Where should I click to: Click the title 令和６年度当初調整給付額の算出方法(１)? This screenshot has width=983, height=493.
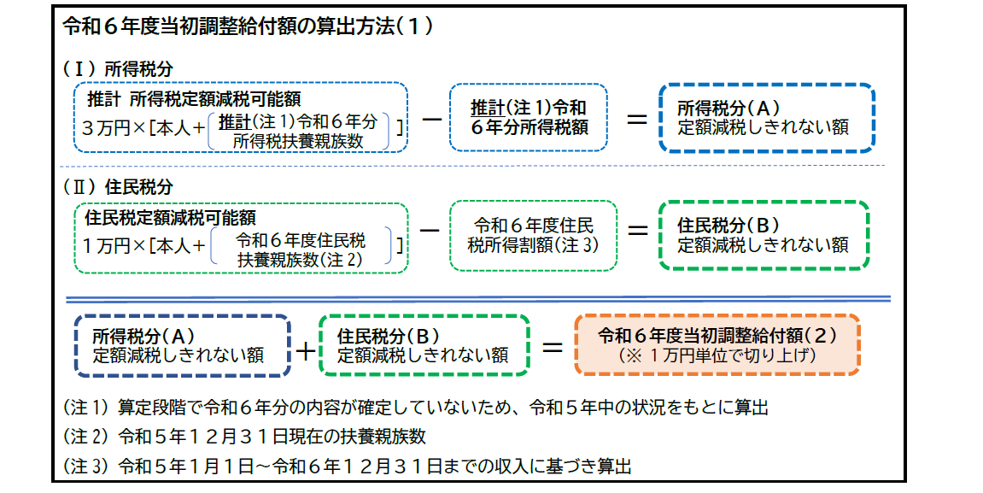point(248,26)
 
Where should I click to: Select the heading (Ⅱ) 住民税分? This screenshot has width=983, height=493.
point(119,186)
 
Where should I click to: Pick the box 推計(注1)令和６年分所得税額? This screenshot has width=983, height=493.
point(529,118)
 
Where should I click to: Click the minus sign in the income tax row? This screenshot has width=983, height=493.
point(432,120)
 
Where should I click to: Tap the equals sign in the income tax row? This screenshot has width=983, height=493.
point(636,120)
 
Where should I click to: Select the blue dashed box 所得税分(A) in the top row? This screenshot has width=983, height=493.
point(766,118)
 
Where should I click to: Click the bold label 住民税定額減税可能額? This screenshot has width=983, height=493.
point(171,218)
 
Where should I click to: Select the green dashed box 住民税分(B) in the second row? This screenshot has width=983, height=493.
point(763,235)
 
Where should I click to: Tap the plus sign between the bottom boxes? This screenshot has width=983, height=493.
point(304,349)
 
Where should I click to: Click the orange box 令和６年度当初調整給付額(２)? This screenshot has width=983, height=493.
point(717,344)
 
